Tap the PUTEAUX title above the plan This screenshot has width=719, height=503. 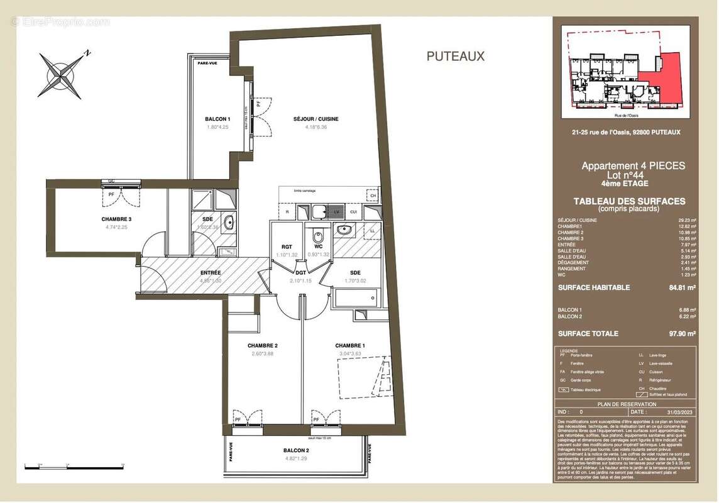pos(456,56)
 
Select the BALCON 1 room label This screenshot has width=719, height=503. pos(217,119)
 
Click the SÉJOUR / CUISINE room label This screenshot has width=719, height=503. pos(316,119)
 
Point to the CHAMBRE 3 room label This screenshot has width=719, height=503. pos(116,219)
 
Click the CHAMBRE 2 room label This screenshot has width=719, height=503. pos(262,346)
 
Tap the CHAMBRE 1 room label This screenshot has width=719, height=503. pos(350,346)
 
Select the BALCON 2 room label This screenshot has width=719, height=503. pos(295,450)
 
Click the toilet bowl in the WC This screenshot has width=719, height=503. pos(318,236)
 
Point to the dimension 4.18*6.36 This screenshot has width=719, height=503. pos(316,126)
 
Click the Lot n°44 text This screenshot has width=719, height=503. pos(633,175)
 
